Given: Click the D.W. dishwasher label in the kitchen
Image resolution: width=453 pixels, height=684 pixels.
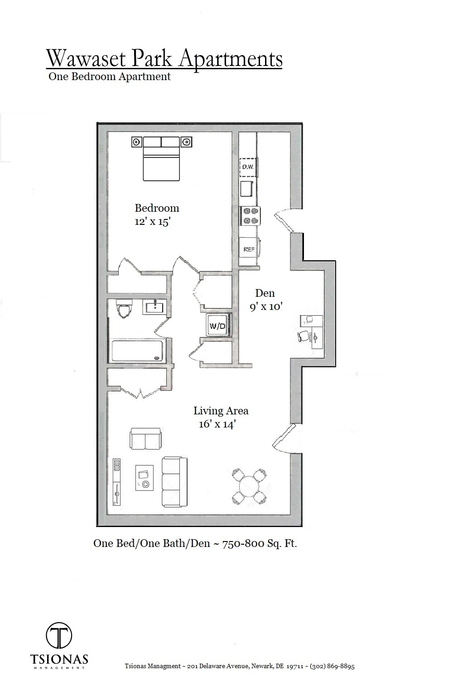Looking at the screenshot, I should point(248,167).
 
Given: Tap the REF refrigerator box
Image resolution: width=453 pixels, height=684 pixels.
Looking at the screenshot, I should point(249,249).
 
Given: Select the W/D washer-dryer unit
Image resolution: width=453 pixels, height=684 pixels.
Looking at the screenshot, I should point(217,325).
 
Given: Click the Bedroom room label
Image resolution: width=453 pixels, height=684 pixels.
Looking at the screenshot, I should point(157,208).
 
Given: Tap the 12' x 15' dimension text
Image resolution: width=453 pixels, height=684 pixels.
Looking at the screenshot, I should point(152,222).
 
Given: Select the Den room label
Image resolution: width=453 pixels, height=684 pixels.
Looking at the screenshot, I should point(265,293).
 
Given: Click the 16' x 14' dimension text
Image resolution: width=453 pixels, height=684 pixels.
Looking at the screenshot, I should point(217,424).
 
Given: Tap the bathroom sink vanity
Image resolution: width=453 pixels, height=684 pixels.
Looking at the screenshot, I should point(156,307).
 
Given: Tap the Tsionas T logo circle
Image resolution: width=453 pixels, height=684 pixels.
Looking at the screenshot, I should point(59,636).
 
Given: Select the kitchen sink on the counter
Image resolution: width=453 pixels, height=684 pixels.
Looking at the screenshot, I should point(246,189).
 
